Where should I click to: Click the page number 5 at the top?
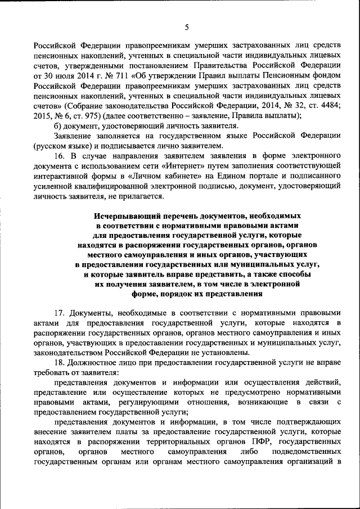[186, 26]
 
